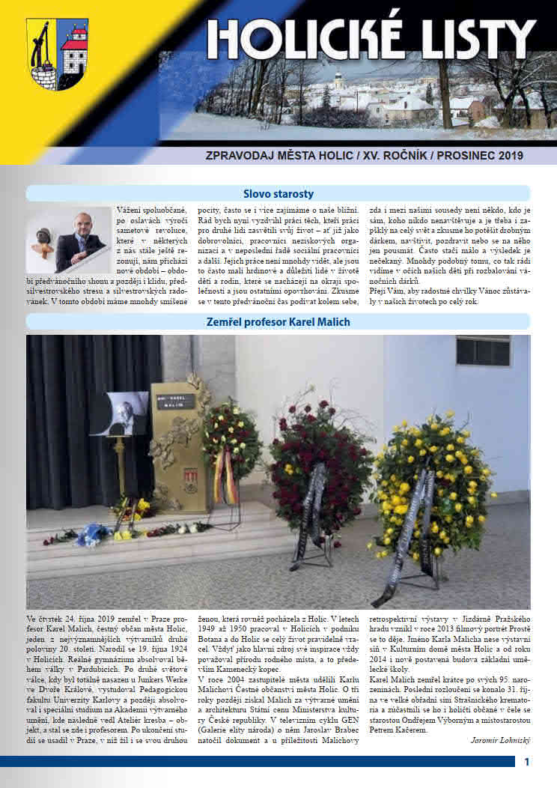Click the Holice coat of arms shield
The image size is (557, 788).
click(58, 54)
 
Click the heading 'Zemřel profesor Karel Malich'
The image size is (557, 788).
click(278, 322)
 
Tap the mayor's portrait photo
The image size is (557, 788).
click(69, 240)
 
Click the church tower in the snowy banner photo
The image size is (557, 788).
click(338, 80)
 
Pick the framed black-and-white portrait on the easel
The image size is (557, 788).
click(121, 413)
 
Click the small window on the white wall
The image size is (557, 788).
click(483, 351)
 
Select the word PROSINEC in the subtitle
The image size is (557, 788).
click(459, 157)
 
